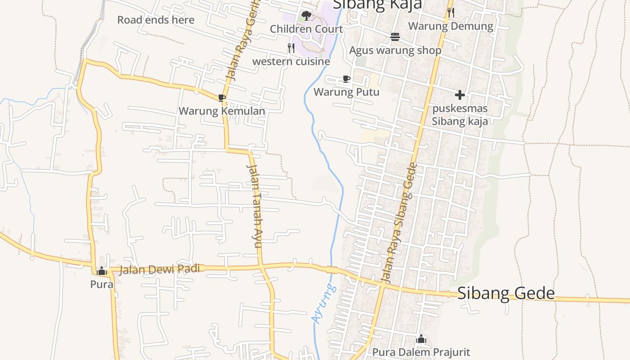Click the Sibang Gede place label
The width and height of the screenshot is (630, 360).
pos(506,293)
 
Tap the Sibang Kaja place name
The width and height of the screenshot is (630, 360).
pos(377,4)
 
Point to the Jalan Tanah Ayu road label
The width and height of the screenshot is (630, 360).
pos(254,206)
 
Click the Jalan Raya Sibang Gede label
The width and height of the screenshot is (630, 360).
pos(400,223)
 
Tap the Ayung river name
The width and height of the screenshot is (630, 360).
pos(324,304)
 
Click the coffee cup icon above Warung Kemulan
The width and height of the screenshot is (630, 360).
pos(221,98)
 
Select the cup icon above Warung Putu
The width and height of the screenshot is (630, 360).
pos(346,79)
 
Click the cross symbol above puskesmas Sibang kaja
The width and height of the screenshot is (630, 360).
pos(459,95)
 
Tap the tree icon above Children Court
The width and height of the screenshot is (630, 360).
pos(306,16)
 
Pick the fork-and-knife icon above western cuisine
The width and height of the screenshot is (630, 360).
pos(291,48)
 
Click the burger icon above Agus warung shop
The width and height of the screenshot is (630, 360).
pos(395,37)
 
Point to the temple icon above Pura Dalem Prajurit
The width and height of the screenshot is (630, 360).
pos(421,339)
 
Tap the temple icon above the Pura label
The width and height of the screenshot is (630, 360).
pos(102,271)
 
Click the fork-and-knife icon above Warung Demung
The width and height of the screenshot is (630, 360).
pos(450,12)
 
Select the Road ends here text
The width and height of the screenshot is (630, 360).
pos(156,20)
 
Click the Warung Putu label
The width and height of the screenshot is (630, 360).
pos(346,92)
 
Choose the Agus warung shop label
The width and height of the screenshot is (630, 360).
pos(395,50)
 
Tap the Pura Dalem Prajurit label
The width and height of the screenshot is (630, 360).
pos(421,352)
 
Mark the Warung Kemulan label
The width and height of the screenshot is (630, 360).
pos(222,111)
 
